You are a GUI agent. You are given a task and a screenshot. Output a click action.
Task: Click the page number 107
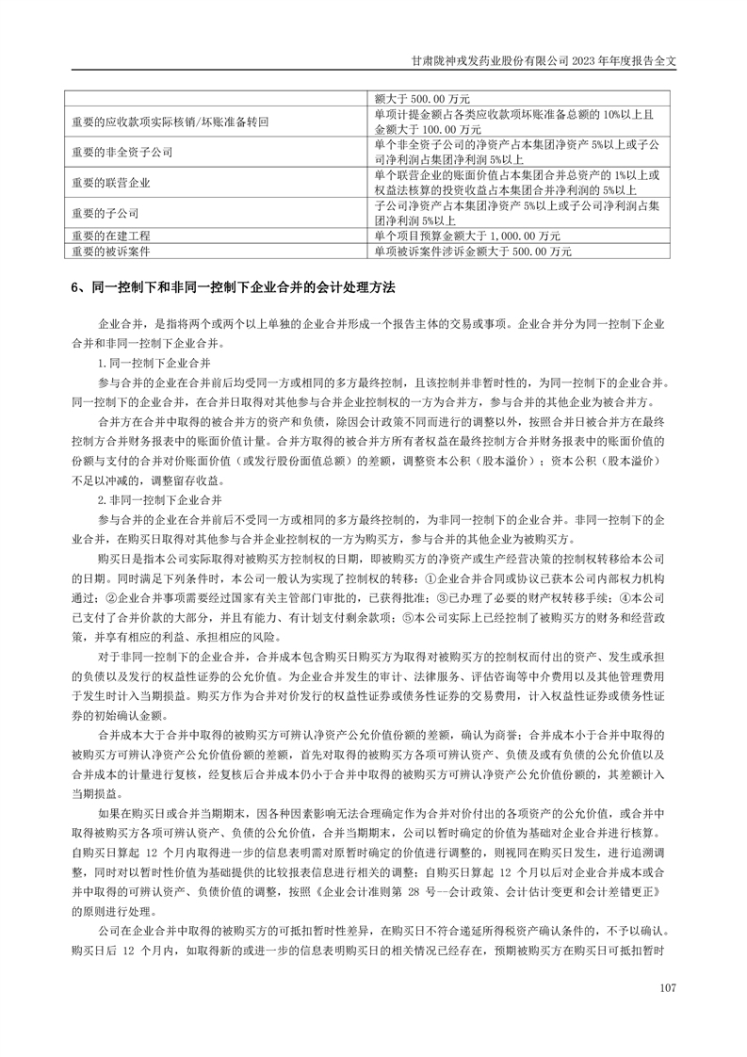coord(669,986)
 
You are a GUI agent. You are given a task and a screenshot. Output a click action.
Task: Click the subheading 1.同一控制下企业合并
coord(154,362)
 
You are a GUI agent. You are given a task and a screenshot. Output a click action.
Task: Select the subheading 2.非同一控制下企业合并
coord(161,496)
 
